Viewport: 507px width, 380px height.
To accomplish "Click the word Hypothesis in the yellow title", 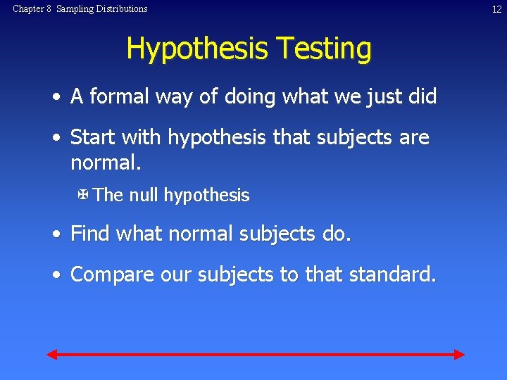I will [x=198, y=49].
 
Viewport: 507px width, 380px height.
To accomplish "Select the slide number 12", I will [x=496, y=9].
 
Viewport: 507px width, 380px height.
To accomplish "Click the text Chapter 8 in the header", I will [x=32, y=9].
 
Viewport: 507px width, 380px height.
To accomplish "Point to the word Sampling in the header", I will [x=75, y=9].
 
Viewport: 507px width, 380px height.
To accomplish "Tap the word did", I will [x=422, y=96].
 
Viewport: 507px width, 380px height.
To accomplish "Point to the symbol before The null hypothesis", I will [x=83, y=194].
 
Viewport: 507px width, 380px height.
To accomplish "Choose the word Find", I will [x=91, y=234].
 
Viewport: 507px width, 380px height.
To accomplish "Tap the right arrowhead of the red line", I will [x=458, y=354].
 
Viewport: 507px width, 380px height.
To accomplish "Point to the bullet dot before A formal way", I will [x=55, y=97].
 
